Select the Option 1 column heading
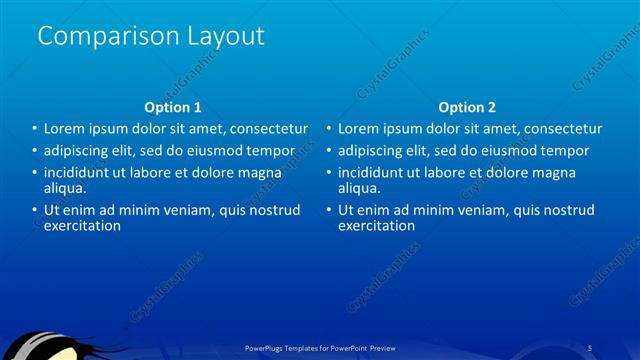coord(173,107)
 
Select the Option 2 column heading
coord(467,107)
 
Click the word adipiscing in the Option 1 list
coord(76,151)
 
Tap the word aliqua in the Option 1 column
coord(64,187)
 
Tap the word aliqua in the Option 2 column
coord(358,187)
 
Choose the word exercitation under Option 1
coord(82,225)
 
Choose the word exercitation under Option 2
coord(376,225)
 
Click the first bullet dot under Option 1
coord(33,129)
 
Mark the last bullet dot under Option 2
coord(327,210)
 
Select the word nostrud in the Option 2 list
coord(570,210)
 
